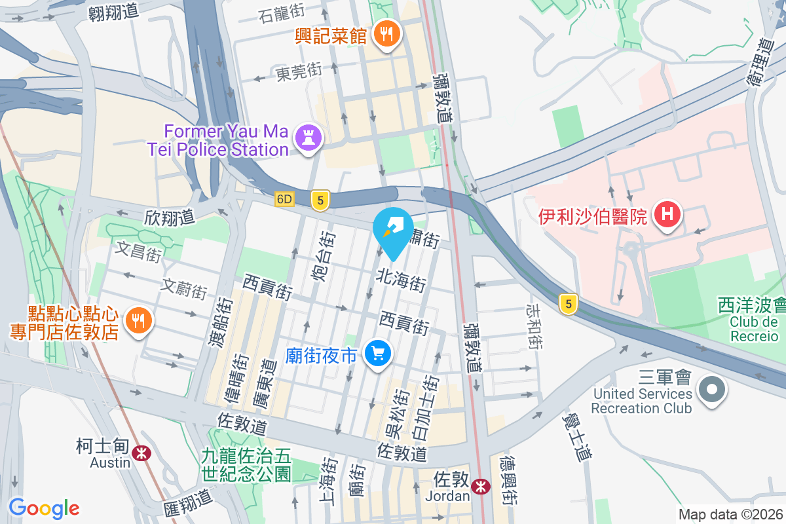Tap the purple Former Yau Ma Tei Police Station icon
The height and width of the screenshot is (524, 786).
[x=306, y=138]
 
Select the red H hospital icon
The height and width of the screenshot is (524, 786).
[x=667, y=214]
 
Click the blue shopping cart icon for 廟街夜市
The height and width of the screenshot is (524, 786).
[x=377, y=354]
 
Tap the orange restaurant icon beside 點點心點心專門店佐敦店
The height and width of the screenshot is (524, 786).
[x=137, y=320]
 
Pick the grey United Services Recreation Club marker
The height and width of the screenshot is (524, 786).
[x=711, y=391]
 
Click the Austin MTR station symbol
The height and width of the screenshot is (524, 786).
[x=140, y=453]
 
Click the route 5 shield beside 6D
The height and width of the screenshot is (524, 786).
[x=320, y=200]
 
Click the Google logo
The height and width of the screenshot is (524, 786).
[x=44, y=508]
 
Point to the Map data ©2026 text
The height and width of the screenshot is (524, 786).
[x=730, y=515]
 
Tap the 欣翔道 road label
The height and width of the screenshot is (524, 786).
[x=170, y=217]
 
